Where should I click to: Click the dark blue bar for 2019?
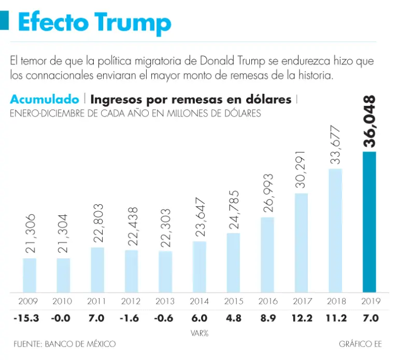pos(369,222)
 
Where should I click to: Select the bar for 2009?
pos(30,275)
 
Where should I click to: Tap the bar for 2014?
pos(200,267)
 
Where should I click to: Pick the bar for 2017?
pos(301,243)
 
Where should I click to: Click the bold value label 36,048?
pos(369,121)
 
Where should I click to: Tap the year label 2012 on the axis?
pos(131,301)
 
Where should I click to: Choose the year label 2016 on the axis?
pos(267,301)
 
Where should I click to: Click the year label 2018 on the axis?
pos(335,301)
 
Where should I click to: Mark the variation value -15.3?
pos(26,318)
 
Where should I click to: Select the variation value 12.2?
pos(301,318)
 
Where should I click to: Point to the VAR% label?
pos(199,333)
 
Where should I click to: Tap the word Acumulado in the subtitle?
pos(45,99)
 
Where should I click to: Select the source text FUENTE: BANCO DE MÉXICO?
pos(65,344)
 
